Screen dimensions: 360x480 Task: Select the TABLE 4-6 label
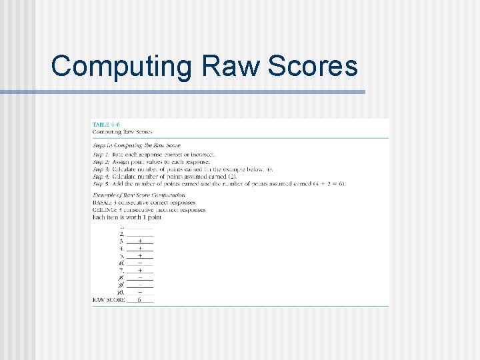[106, 125]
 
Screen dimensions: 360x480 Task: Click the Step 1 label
[102, 154]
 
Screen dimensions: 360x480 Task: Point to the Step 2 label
[102, 162]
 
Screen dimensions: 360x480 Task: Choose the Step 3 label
[102, 169]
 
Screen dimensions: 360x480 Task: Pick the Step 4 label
[102, 177]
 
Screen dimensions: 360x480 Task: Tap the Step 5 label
[102, 184]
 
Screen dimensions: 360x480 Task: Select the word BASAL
[102, 203]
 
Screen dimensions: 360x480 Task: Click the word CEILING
[105, 210]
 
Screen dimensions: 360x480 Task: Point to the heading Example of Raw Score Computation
[138, 195]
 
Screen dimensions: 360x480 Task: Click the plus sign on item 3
[139, 241]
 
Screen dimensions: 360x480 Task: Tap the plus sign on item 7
[139, 270]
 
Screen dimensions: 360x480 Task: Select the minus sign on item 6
[139, 263]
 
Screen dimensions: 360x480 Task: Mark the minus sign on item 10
[139, 292]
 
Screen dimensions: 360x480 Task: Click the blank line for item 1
[139, 227]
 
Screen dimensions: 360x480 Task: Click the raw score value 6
[139, 300]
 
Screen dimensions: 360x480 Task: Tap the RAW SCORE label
[108, 300]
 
